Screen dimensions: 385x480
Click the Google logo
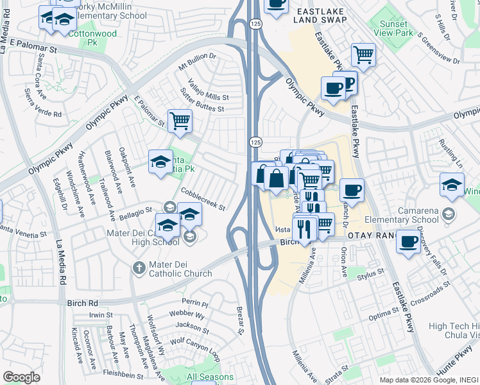[21, 377]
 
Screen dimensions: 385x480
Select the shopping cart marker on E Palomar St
[180, 120]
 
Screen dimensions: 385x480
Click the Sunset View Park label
[393, 27]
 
